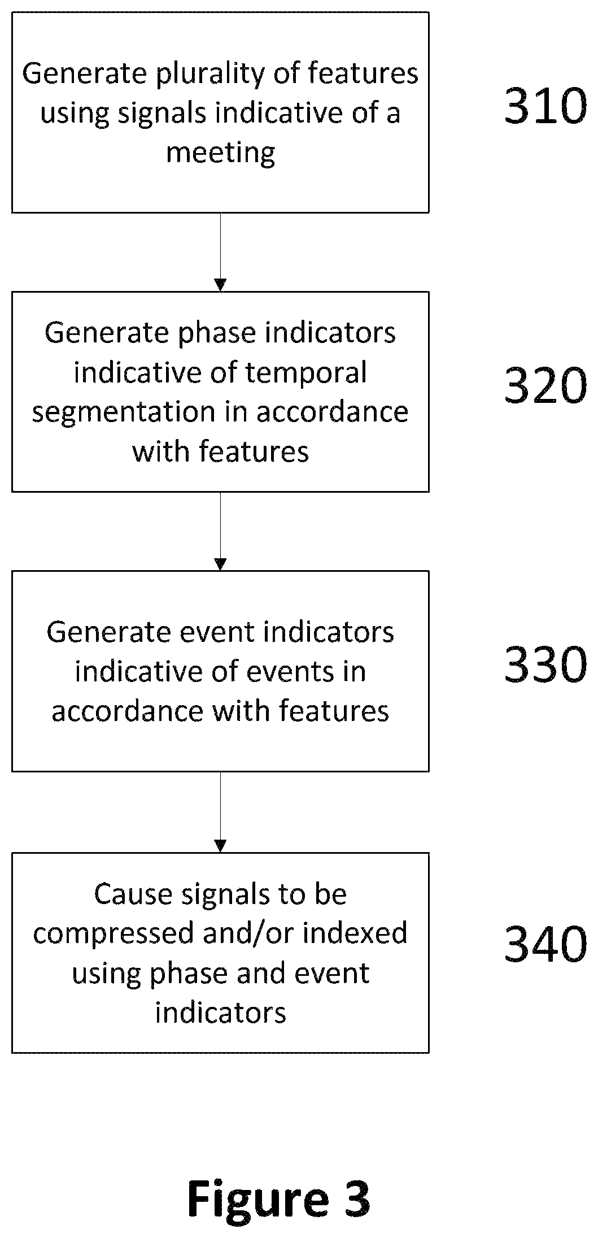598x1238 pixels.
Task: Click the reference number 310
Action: [x=545, y=106]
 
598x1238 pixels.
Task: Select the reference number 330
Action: [x=545, y=664]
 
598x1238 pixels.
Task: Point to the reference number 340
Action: [x=545, y=945]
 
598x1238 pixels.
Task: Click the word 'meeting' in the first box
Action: [x=221, y=153]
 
